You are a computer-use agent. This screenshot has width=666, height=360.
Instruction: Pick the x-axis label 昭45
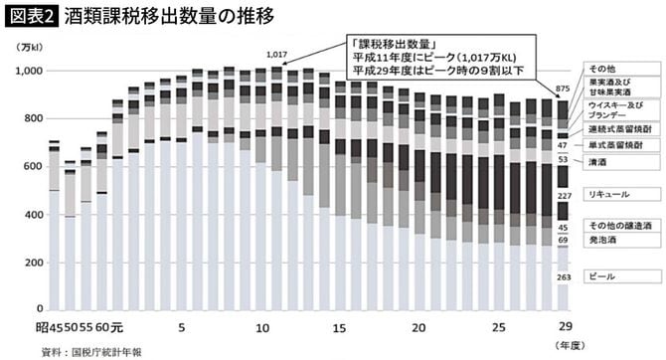pos(50,327)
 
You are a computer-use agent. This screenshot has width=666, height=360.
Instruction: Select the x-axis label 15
pos(340,327)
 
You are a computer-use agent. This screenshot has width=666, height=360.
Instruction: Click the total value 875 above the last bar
pos(563,90)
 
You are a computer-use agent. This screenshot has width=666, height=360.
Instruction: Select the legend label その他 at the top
pos(600,66)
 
